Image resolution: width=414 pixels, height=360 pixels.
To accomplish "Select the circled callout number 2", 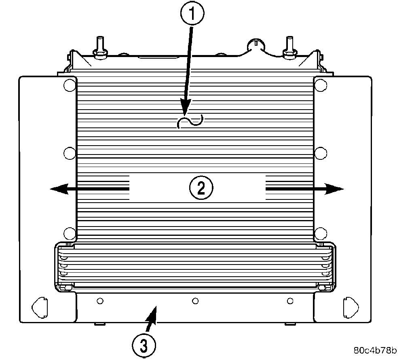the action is point(201,188).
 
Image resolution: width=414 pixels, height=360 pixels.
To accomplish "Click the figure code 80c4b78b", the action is point(375,350).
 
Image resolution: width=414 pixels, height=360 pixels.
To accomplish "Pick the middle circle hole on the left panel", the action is point(69,153).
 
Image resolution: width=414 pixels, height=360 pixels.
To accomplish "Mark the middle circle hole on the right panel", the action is point(321,153).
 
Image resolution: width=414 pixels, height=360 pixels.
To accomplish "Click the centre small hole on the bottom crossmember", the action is point(195,301).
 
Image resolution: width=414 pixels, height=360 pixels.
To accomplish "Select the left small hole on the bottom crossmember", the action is point(100,301).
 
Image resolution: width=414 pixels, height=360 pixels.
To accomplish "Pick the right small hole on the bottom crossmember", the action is point(290,301).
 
